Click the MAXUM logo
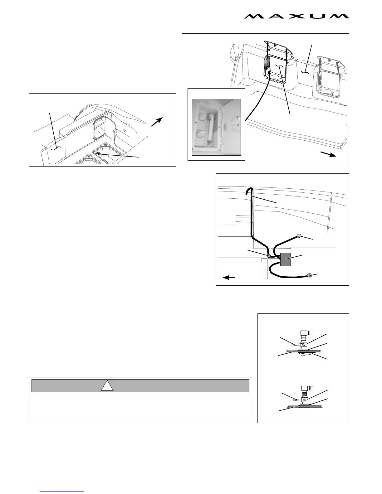(x=296, y=16)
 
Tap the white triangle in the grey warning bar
(x=107, y=386)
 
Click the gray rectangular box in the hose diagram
(x=286, y=259)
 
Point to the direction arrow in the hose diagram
(x=229, y=277)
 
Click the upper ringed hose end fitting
(x=299, y=236)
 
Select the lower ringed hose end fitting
(x=309, y=275)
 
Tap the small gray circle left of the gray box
(x=268, y=256)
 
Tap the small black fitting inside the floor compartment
(x=99, y=153)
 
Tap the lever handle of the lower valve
(x=297, y=400)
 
